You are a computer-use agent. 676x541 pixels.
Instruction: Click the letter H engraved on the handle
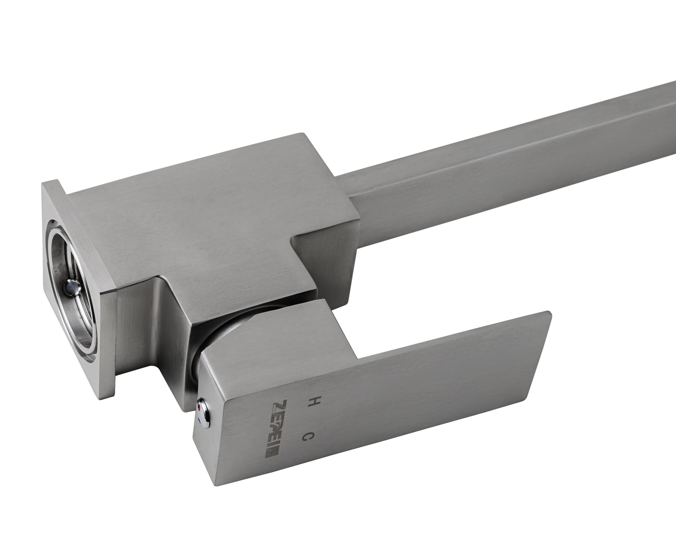pyautogui.click(x=310, y=402)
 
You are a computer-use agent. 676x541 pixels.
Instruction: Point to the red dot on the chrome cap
pyautogui.click(x=200, y=408)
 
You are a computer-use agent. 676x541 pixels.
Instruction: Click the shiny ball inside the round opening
pyautogui.click(x=71, y=288)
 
